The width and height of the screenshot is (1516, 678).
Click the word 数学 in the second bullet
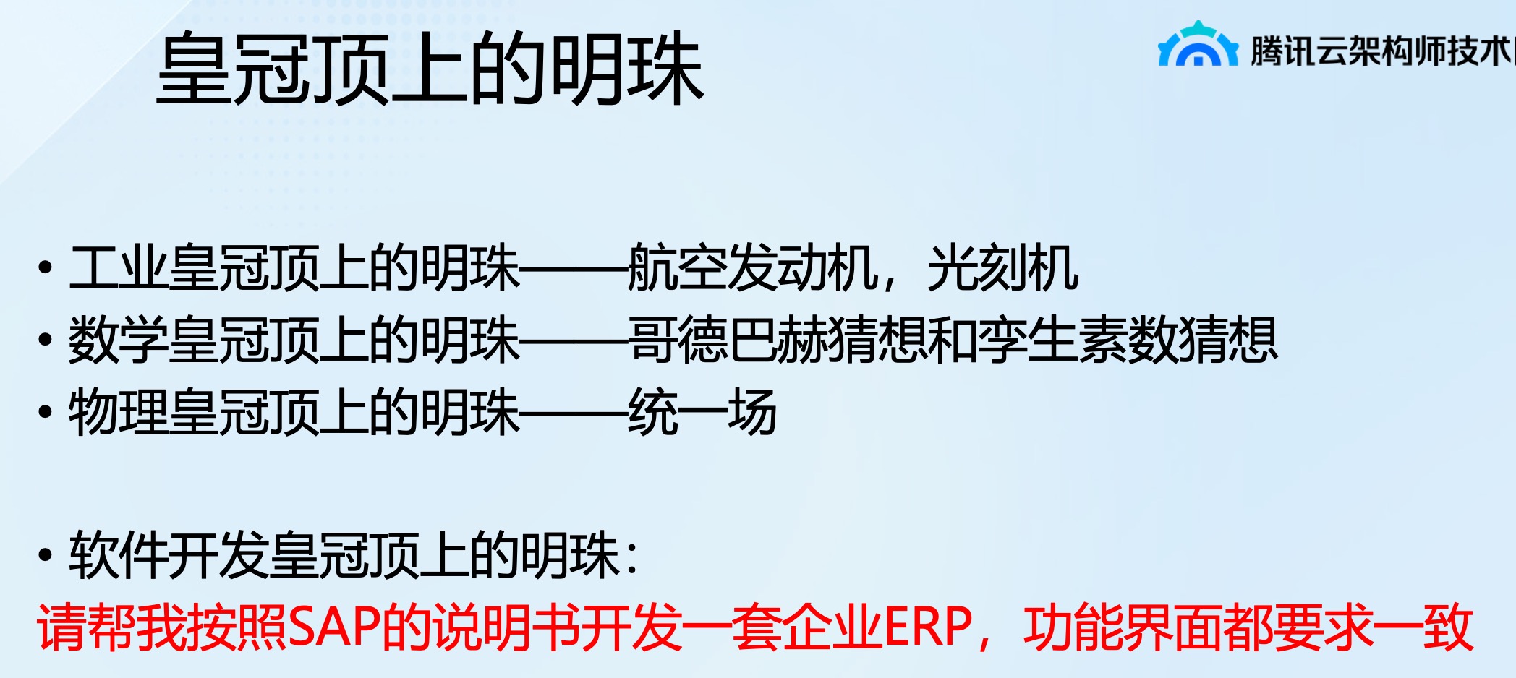[119, 340]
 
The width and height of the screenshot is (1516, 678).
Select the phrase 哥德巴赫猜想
[778, 340]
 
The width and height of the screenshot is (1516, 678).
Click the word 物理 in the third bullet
[119, 412]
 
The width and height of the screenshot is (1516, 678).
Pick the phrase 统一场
[702, 412]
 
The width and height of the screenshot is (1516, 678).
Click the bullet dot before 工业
[46, 268]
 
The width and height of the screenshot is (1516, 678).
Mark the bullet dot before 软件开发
[46, 555]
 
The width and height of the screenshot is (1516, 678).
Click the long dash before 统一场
[574, 414]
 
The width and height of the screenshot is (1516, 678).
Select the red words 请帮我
[112, 627]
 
